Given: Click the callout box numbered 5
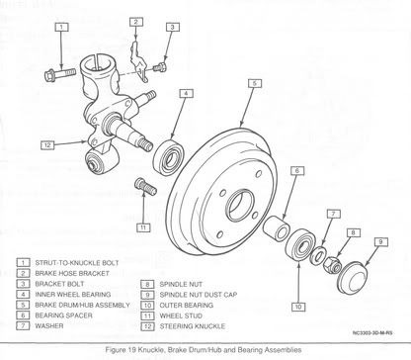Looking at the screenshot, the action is click(x=254, y=83).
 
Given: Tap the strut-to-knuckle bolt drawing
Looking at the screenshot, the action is click(x=60, y=74).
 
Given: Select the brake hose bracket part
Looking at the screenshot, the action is click(x=138, y=61).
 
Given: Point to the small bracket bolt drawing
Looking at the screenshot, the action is click(x=160, y=67).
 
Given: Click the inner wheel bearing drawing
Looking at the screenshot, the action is click(x=169, y=157).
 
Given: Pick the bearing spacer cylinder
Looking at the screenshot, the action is click(x=277, y=227).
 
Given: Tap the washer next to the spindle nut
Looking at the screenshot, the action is click(x=318, y=255).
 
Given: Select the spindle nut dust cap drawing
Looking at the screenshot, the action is click(x=352, y=277).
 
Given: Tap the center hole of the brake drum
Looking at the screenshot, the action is click(x=240, y=205).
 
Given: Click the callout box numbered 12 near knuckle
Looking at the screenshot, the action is click(x=47, y=145).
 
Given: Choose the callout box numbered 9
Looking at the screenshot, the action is click(x=380, y=241).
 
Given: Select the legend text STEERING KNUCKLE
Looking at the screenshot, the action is click(x=193, y=326).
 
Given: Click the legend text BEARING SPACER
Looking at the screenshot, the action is click(x=63, y=315).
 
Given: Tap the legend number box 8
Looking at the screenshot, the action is click(x=147, y=284).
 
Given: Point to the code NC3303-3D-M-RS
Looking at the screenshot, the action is click(x=372, y=333).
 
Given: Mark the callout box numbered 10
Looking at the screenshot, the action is click(x=298, y=307).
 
